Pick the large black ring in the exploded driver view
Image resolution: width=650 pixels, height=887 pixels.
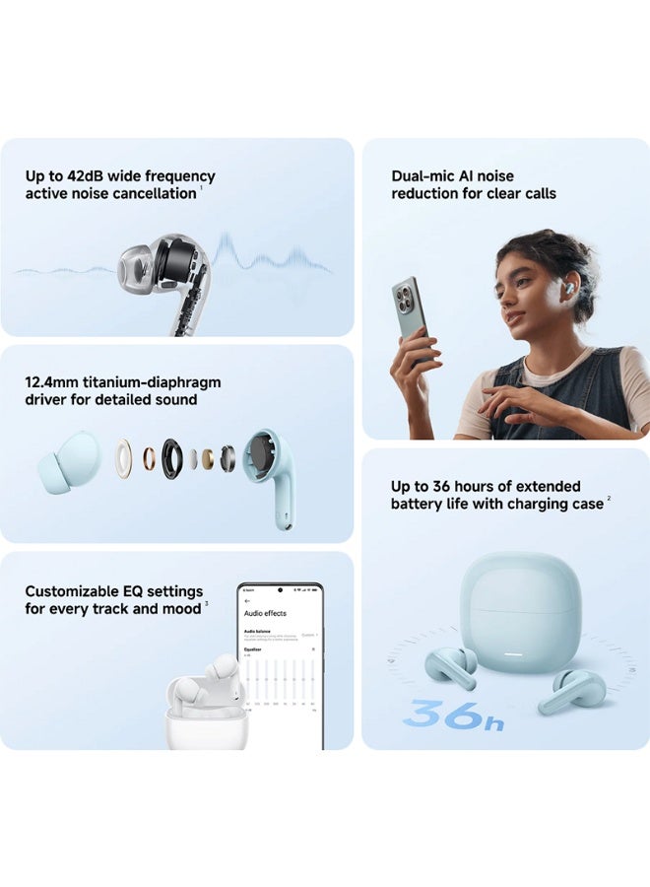[x=172, y=457]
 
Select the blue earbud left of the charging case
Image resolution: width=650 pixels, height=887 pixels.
[x=450, y=666]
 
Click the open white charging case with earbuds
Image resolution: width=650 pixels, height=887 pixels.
[x=206, y=712]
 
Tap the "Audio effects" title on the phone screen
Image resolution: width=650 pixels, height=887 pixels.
[x=266, y=612]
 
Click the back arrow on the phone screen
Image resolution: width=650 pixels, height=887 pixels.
[x=246, y=599]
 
